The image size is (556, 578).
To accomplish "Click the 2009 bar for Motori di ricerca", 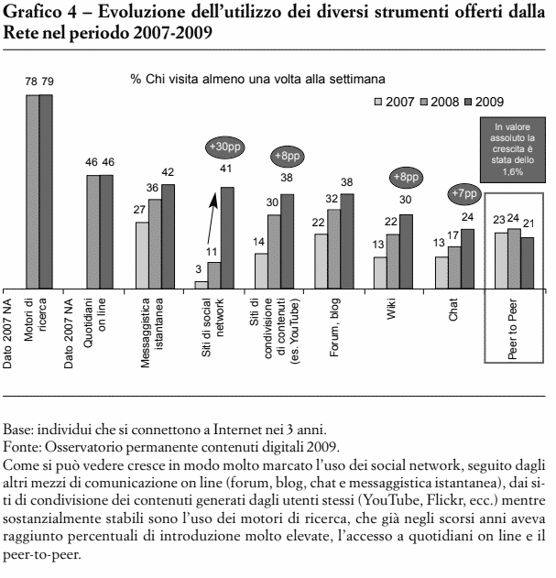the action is [x=46, y=191].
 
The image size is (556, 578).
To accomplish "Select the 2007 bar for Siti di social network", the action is [x=202, y=285].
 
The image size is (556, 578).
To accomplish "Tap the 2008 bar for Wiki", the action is [x=393, y=261].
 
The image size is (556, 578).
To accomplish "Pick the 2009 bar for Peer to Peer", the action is [x=528, y=263].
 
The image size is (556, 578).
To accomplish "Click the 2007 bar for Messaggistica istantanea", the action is [x=142, y=256].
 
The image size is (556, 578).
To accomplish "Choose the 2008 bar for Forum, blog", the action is [x=334, y=249].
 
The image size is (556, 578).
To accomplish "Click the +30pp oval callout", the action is [x=225, y=147].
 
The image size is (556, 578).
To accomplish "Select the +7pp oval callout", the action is [x=464, y=193].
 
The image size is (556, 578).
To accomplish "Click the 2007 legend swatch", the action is [x=378, y=102].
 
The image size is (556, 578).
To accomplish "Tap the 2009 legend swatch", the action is [x=468, y=102].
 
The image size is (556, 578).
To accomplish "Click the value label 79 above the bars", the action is [x=48, y=82].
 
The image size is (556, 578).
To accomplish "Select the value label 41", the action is [x=225, y=169].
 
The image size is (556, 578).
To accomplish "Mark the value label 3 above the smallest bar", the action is [x=199, y=269].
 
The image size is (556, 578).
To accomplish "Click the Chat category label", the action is [x=452, y=310].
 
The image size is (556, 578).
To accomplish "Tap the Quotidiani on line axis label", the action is [x=94, y=323].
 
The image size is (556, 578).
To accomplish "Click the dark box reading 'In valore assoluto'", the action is [x=513, y=149].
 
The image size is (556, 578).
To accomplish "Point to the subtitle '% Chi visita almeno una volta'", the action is [x=258, y=80].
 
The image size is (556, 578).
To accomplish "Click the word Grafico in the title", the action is [x=32, y=13].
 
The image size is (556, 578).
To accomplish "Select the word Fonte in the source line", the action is [x=22, y=447].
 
